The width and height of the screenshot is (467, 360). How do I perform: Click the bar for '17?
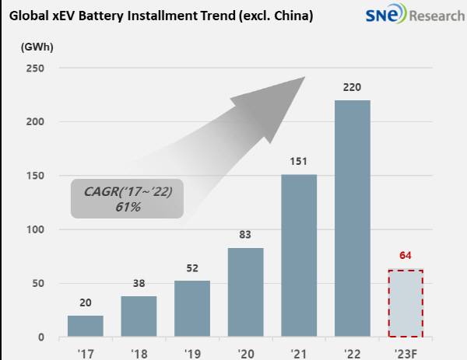[x=86, y=326]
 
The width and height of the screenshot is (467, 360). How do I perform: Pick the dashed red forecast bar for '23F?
[x=406, y=303]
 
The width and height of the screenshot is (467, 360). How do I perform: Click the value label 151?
[x=298, y=161]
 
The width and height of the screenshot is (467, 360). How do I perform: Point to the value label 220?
[x=352, y=88]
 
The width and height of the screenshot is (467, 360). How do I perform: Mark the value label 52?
[x=192, y=268]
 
